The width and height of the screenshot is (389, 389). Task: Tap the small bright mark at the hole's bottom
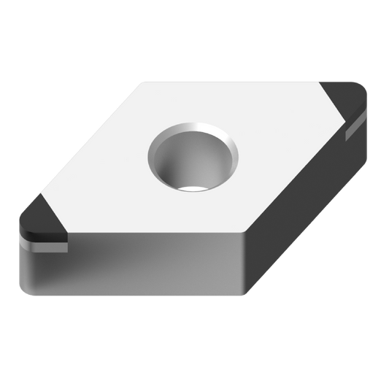[x=194, y=190]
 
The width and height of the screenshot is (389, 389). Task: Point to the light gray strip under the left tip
[x=44, y=247]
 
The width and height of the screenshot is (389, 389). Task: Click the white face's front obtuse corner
[x=244, y=235]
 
